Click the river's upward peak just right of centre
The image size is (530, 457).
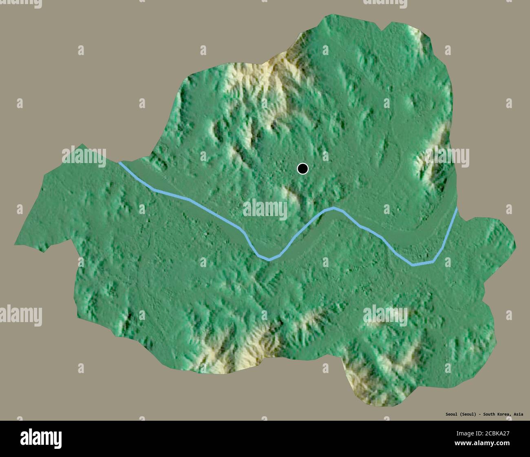tap(334, 208)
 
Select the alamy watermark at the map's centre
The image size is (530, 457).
tap(265, 209)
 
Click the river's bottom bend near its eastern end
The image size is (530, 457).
tap(414, 265)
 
